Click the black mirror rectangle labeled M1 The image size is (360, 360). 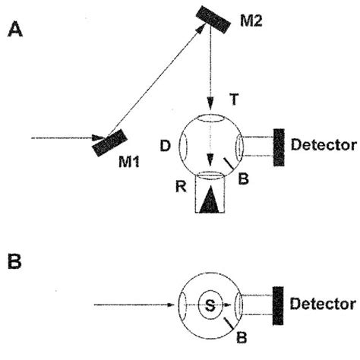point(109,143)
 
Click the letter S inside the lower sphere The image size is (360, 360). point(210,306)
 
